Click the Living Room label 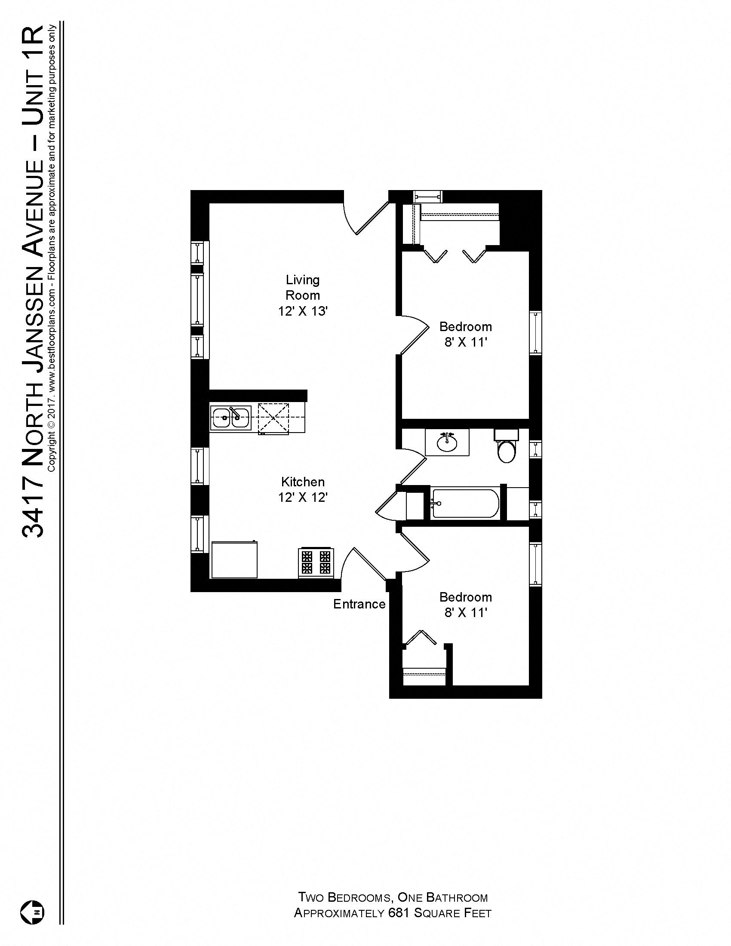coord(302,287)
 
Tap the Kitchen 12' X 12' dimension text coord(302,497)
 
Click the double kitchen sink coord(230,418)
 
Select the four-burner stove coord(316,563)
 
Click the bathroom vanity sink coord(447,442)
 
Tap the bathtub coord(465,504)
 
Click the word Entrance coord(359,604)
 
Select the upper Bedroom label coord(466,326)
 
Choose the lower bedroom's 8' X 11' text coord(466,613)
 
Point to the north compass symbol coord(33,912)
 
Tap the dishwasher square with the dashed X coord(273,418)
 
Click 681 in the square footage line coord(398,913)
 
